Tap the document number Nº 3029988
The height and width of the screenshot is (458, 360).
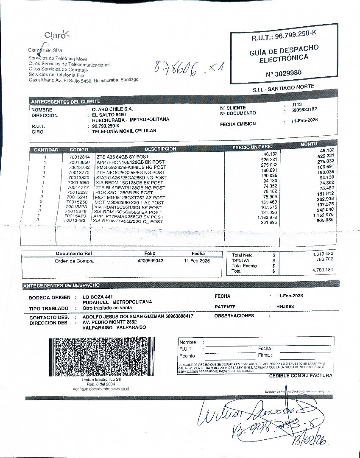(x=284, y=73)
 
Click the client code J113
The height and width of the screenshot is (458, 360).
(x=296, y=104)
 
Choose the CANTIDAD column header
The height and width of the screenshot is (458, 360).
(x=46, y=150)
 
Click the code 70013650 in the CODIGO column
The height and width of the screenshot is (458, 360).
(x=79, y=162)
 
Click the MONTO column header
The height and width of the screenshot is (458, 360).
(x=308, y=145)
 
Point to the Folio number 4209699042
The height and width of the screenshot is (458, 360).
(x=150, y=261)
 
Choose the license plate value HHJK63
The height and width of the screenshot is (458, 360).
(x=285, y=306)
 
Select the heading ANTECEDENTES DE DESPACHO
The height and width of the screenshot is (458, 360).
(x=61, y=285)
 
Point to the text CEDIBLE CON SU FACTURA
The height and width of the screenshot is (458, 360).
(x=301, y=376)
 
